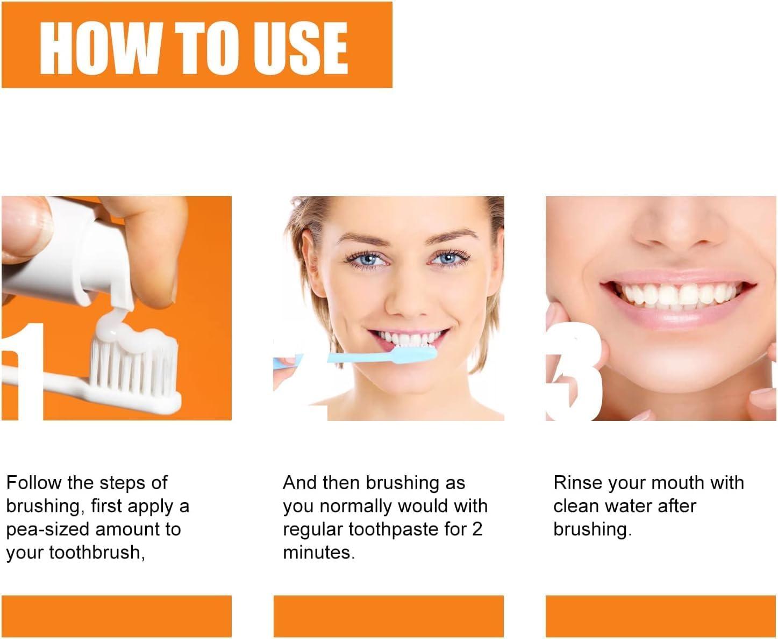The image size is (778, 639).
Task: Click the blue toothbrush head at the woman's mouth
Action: pyautogui.click(x=414, y=353)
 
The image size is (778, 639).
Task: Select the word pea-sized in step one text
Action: pyautogui.click(x=49, y=529)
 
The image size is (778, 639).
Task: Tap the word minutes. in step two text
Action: pyautogui.click(x=319, y=553)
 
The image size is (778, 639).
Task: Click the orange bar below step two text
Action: pyautogui.click(x=388, y=616)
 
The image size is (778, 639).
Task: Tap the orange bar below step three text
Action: pyautogui.click(x=660, y=616)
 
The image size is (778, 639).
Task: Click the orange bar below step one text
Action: pyautogui.click(x=116, y=616)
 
